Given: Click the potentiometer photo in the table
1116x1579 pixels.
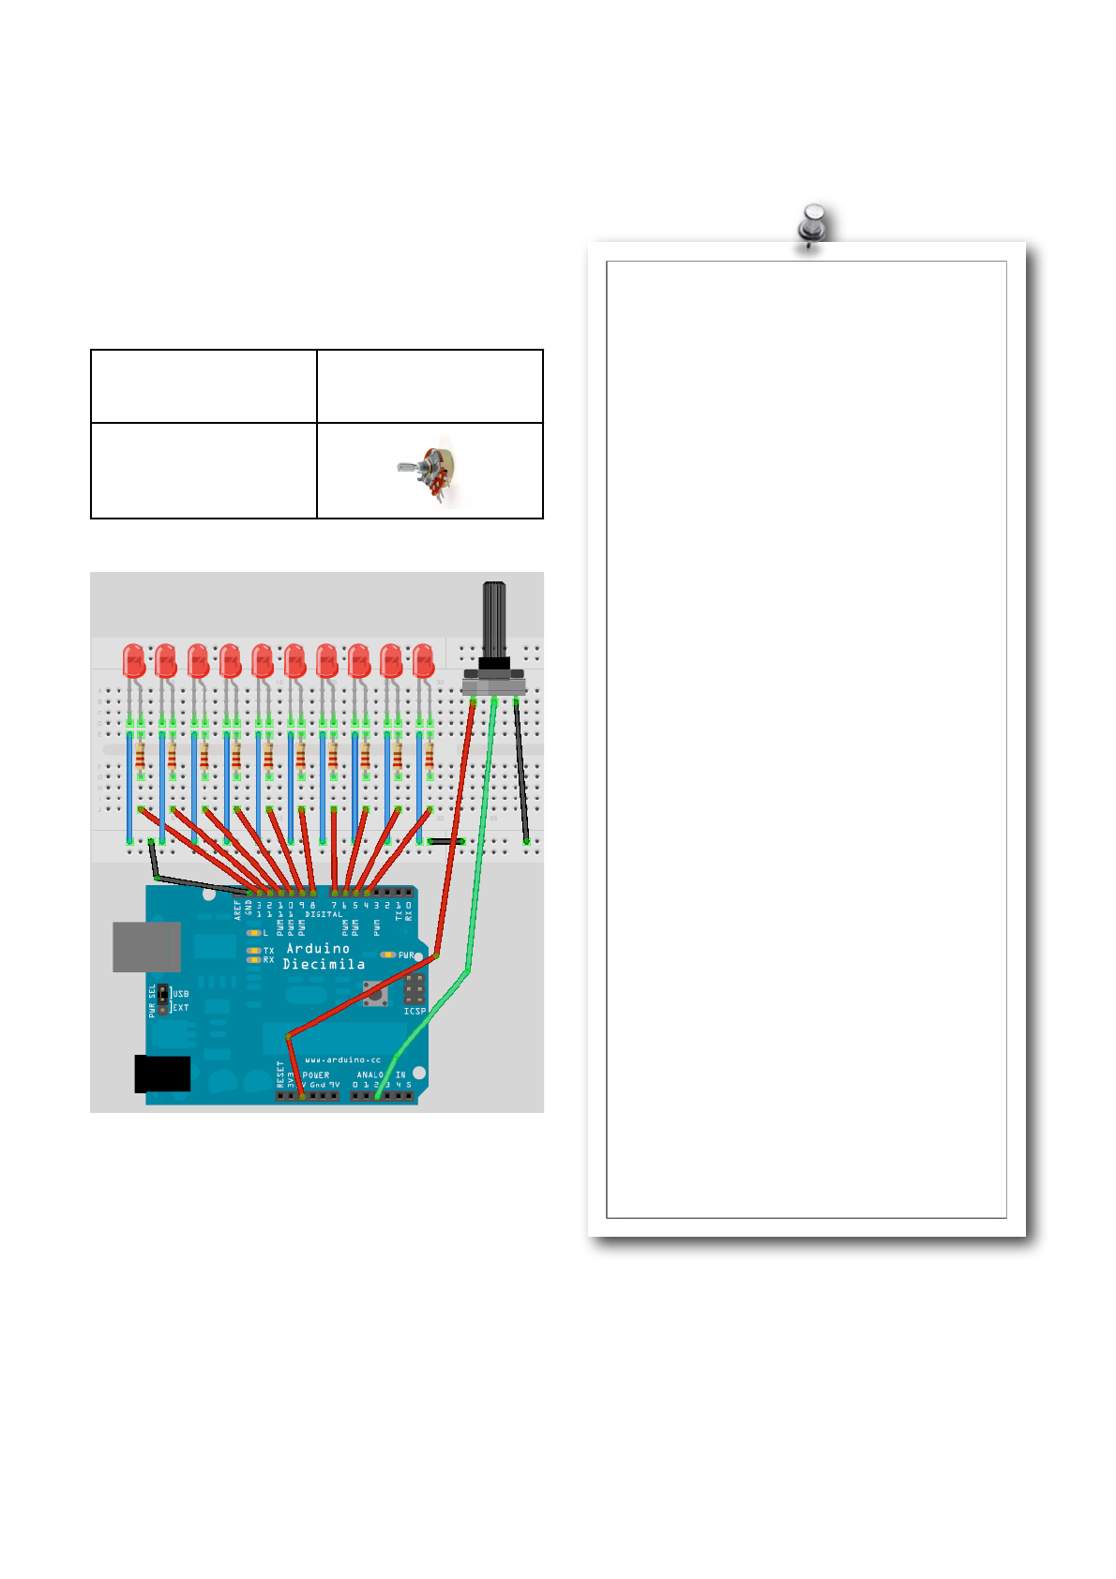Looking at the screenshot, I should (430, 472).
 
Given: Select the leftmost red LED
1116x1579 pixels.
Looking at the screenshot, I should (134, 661).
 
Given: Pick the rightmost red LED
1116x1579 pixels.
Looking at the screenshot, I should (424, 661).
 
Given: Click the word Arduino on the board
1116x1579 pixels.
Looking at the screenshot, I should (318, 949).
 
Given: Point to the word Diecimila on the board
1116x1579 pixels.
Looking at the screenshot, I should (324, 964).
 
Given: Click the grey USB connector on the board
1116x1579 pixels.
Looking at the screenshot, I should (146, 946).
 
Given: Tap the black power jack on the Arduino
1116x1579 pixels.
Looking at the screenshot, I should (162, 1074).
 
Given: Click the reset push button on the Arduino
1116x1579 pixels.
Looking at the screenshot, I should (375, 994).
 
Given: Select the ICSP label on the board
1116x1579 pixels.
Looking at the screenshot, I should (415, 1011).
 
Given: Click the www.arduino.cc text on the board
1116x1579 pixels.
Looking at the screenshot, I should (343, 1060).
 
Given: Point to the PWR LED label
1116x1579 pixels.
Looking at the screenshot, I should (406, 955).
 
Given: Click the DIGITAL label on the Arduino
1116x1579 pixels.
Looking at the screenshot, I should (324, 914).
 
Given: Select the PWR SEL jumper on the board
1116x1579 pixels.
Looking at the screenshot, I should (162, 999).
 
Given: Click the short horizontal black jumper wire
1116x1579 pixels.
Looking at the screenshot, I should (446, 841).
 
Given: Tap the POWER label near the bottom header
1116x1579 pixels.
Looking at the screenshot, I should (316, 1075).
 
